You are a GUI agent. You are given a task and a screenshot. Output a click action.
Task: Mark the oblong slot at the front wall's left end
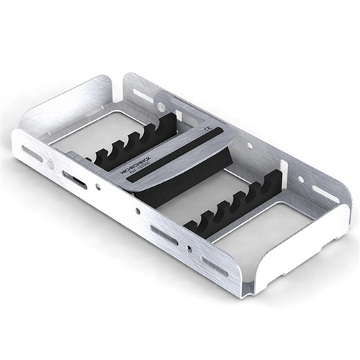[x=32, y=154]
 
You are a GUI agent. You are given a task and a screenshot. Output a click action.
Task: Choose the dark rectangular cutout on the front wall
[x=75, y=180]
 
